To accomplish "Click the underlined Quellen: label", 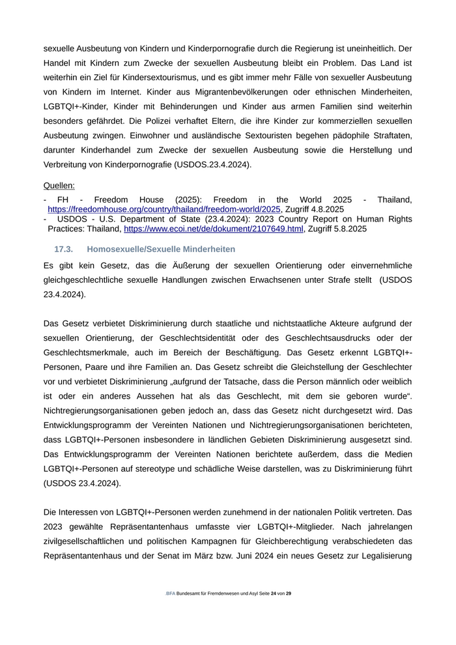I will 59,186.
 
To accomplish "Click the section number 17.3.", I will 63,250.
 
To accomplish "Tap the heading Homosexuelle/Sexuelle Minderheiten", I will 161,250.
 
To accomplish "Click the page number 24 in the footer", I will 274,594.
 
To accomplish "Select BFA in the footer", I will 171,594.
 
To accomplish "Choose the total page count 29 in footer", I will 289,594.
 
